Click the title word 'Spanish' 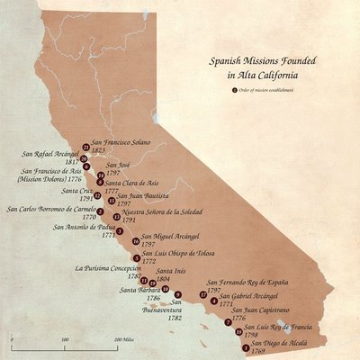226,65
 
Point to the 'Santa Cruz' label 77,191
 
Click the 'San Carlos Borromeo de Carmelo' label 50,209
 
